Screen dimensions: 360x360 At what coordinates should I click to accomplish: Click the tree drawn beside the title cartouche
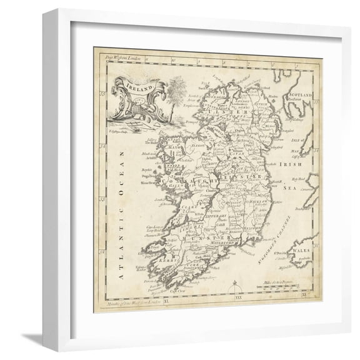tap(177, 89)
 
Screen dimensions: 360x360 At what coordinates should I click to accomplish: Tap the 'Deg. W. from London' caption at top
tap(134, 53)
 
